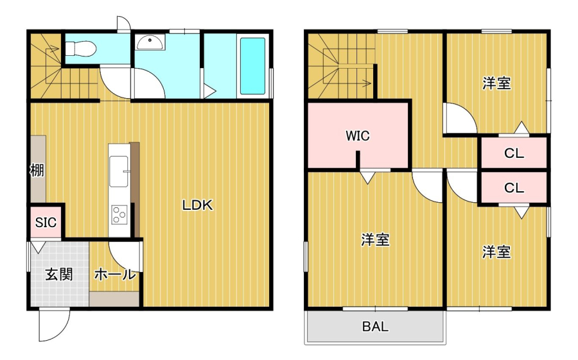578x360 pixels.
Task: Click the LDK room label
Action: coord(198,205)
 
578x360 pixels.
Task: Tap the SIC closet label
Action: coord(46,222)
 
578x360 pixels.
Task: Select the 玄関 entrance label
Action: coord(59,274)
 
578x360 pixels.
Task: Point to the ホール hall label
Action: coord(115,275)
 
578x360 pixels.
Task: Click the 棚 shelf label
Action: coord(37,170)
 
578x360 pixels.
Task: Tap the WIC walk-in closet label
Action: coord(358,135)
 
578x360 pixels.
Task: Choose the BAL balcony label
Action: coord(375,327)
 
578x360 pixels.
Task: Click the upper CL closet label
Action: coord(514,153)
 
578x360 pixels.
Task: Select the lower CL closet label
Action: coord(514,188)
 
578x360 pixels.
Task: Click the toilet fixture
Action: coord(81,48)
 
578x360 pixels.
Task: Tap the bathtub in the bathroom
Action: coord(252,66)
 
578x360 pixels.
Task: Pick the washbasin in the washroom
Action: coord(150,42)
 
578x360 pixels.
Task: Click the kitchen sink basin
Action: coord(119,171)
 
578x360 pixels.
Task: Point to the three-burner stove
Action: coord(119,214)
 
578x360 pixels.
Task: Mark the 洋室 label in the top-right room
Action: coord(497,83)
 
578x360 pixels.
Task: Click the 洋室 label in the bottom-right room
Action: coord(497,252)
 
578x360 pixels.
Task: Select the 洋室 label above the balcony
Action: coord(375,240)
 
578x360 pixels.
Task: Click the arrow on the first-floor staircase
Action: coord(53,48)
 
